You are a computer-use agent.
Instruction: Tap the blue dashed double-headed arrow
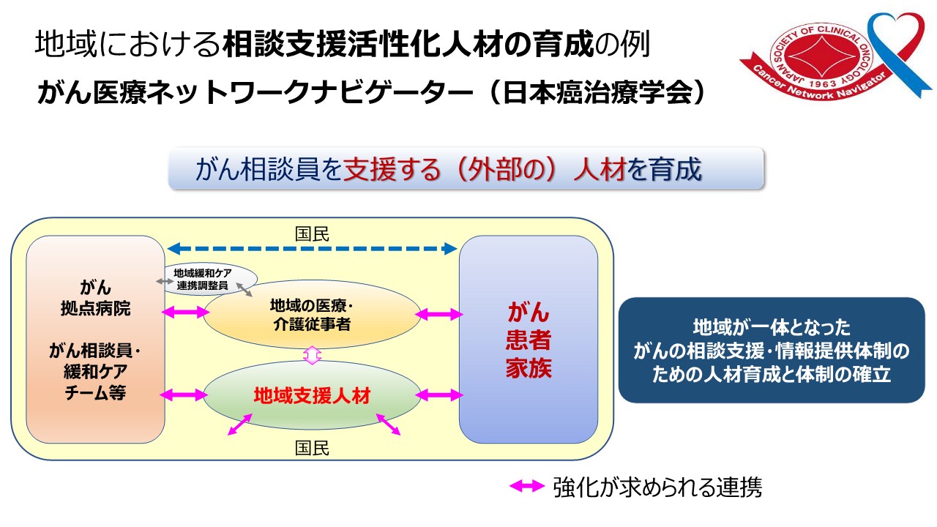coord(312,248)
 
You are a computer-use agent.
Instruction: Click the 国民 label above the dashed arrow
coord(312,234)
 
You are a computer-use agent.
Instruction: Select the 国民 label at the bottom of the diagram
coord(312,448)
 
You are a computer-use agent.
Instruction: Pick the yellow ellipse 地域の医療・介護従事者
coord(312,314)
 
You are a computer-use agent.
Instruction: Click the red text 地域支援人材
coord(312,396)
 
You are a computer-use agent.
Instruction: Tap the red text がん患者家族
coord(528,340)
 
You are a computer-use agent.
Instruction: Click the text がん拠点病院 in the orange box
coord(95,297)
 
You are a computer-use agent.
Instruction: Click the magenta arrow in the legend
coord(527,486)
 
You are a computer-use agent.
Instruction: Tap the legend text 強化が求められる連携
coord(657,487)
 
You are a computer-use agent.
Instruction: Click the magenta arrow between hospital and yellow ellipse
coord(184,313)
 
